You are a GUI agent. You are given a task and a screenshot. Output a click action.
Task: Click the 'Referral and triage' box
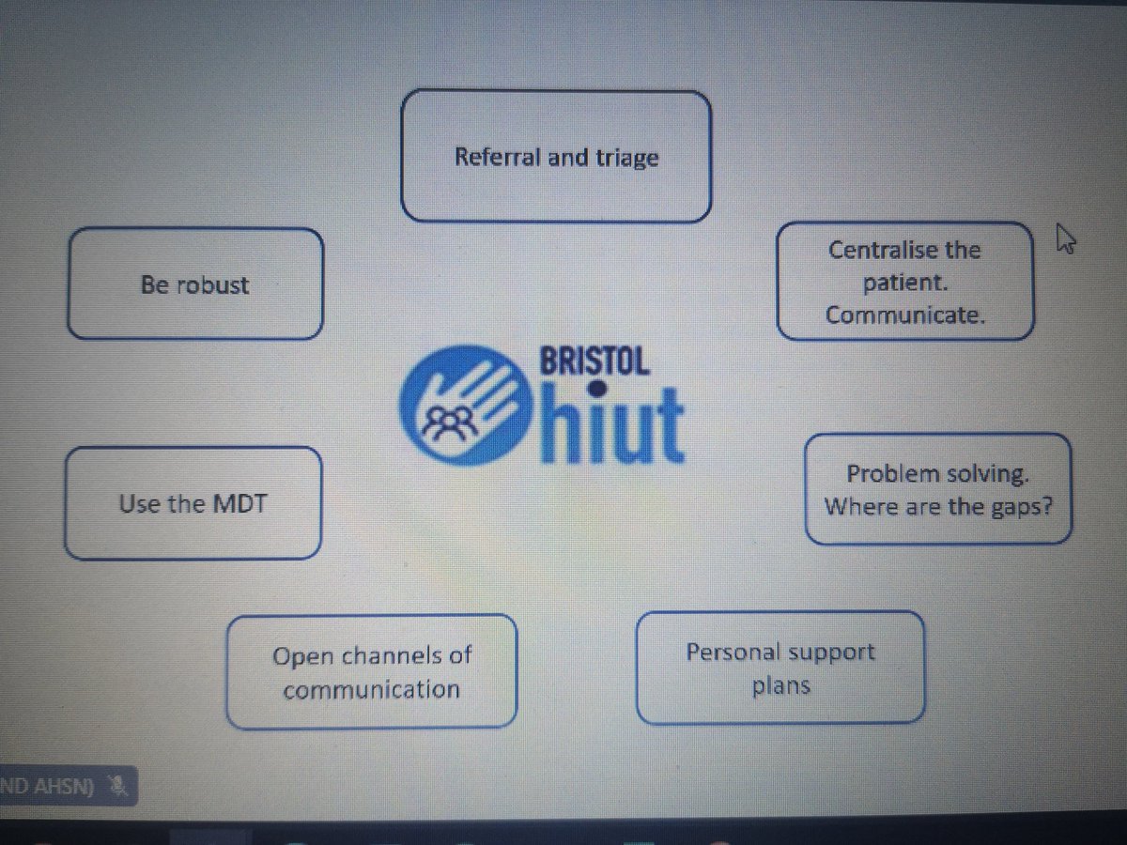[556, 157]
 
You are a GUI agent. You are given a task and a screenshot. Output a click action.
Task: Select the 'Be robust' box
[195, 284]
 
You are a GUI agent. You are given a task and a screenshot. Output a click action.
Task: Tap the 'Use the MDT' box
[193, 503]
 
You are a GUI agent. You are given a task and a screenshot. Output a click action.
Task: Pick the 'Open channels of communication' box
[372, 671]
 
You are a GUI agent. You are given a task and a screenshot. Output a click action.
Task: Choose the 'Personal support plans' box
[780, 668]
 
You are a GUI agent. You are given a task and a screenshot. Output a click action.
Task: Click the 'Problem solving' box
[937, 489]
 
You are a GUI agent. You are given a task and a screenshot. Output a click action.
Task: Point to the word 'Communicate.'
[905, 315]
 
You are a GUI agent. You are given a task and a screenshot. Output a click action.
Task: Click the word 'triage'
[626, 158]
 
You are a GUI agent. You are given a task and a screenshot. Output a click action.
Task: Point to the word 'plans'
[780, 685]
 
